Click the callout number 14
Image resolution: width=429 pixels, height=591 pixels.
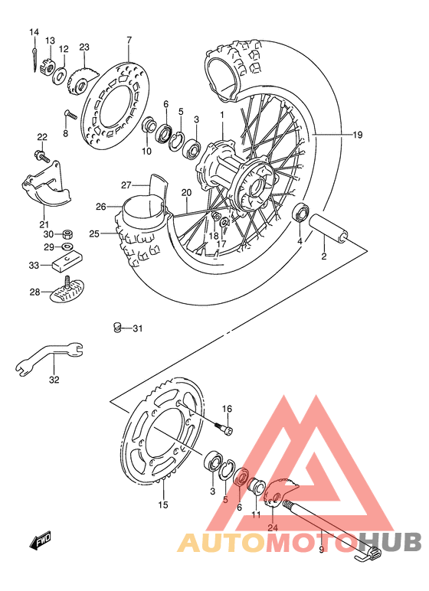pos(34,31)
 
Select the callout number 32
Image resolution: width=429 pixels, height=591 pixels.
pos(54,379)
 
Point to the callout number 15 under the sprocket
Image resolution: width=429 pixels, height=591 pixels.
pos(162,504)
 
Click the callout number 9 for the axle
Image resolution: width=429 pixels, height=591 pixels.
pos(321,549)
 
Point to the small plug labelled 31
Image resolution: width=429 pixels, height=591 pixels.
pos(117,328)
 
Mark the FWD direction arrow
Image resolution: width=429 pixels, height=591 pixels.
pos(41,543)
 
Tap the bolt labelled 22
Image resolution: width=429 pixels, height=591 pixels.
pos(40,155)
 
